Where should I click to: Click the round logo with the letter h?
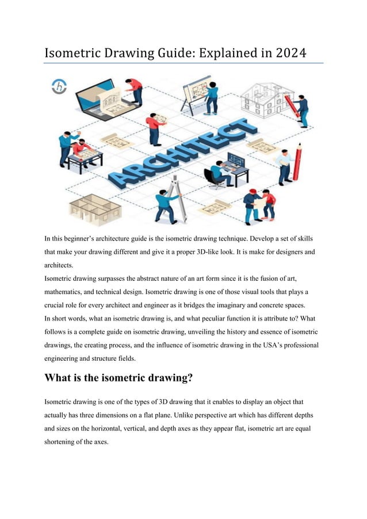[x=59, y=87]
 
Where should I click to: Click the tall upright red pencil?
[x=297, y=161]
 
